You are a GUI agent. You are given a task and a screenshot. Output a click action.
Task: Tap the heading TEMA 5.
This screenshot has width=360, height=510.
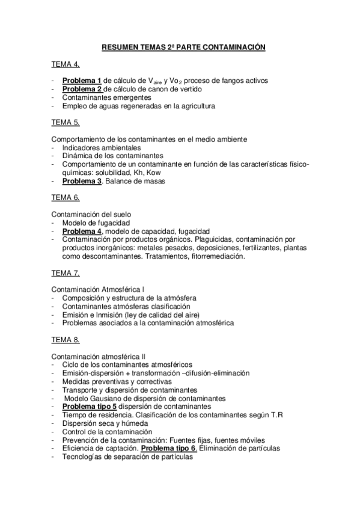click(x=65, y=122)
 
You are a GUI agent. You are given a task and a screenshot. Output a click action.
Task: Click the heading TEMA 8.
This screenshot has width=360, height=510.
click(x=65, y=340)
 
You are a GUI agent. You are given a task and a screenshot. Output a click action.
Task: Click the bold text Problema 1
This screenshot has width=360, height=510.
click(x=81, y=81)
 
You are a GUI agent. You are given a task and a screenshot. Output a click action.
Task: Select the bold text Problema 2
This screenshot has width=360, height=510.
click(x=81, y=89)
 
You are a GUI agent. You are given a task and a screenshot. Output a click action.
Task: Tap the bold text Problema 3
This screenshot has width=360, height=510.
click(x=82, y=180)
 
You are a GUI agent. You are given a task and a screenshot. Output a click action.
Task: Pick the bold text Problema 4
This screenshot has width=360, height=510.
click(x=82, y=231)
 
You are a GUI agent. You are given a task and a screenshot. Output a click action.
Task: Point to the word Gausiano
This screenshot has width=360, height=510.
click(x=103, y=398)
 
